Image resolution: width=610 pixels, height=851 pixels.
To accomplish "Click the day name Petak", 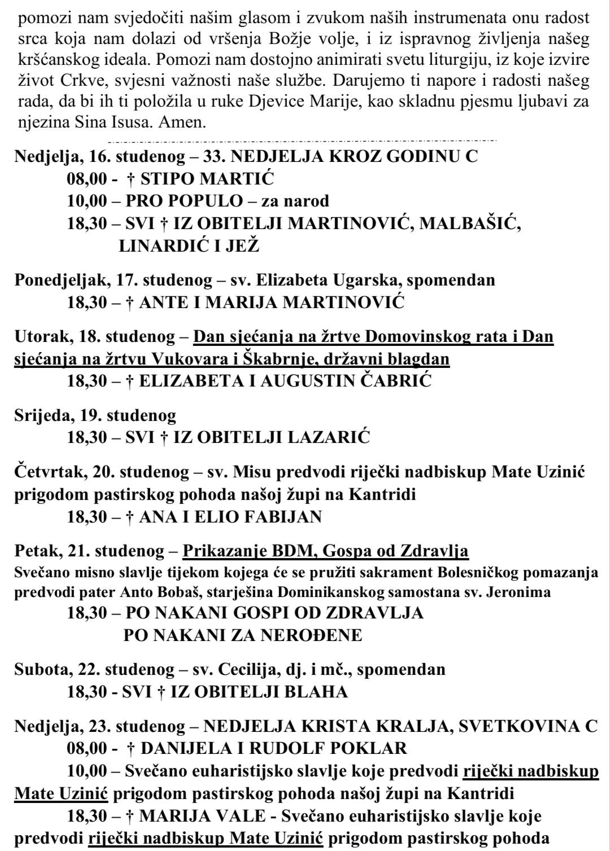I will point(35,550).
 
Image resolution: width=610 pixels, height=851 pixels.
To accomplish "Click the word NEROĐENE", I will point(312,635).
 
